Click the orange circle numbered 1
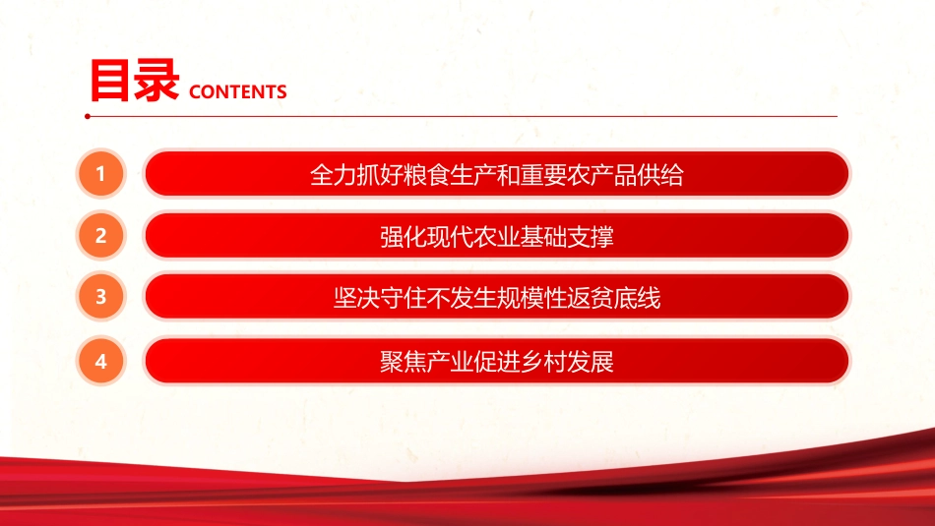point(101,175)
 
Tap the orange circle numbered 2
point(101,236)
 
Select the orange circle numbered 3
point(101,297)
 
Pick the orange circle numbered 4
point(101,361)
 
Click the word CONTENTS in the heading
point(236,92)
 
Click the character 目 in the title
point(111,81)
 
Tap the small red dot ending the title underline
point(88,116)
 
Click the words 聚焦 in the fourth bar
point(404,362)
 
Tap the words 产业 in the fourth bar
point(450,362)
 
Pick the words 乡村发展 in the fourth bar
point(568,362)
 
